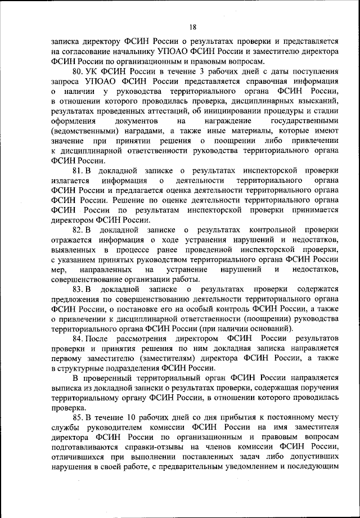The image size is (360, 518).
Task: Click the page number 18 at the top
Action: (x=193, y=26)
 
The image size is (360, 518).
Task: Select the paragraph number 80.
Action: (x=78, y=73)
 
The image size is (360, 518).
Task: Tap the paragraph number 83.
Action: (x=78, y=289)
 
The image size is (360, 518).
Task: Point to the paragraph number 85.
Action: (x=78, y=416)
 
